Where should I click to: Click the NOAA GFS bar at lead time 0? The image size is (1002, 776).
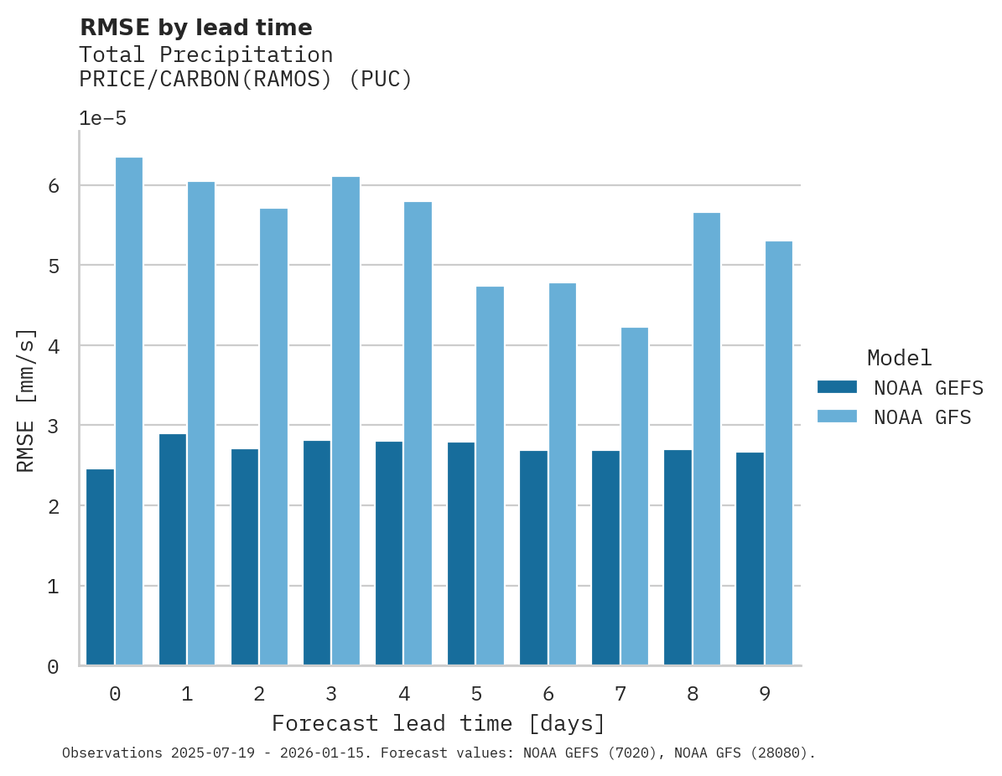[129, 411]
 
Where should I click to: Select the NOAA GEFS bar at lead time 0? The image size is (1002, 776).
[100, 567]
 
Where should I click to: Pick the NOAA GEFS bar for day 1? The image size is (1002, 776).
[172, 550]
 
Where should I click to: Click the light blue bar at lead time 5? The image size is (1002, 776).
[490, 476]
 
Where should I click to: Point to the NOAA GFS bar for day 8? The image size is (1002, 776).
[706, 439]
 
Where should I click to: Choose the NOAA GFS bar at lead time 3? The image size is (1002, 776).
[345, 421]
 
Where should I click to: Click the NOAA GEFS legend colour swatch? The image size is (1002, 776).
[837, 387]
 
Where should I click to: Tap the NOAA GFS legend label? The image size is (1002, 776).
[922, 417]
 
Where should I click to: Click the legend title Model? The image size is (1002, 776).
[899, 358]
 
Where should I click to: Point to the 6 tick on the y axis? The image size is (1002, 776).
[53, 186]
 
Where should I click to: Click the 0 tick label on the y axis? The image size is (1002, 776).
[53, 667]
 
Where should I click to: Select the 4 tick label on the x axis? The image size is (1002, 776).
[403, 694]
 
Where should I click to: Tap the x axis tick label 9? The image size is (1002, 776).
[764, 694]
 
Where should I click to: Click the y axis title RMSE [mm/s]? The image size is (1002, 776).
[27, 401]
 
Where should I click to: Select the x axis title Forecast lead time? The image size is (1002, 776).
[438, 723]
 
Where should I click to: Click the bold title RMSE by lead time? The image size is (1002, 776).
[195, 28]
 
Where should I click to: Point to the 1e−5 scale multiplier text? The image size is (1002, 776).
[102, 118]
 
